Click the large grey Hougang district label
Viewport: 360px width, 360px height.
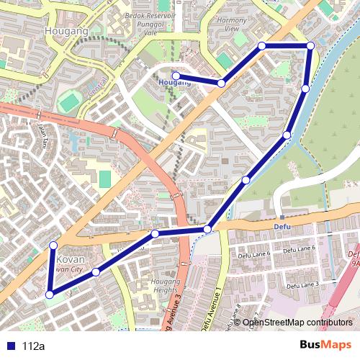pyautogui.click(x=66, y=32)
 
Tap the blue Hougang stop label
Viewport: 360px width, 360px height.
pyautogui.click(x=175, y=84)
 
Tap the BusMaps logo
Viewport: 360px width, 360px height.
pyautogui.click(x=326, y=345)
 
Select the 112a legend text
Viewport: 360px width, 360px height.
pyautogui.click(x=33, y=346)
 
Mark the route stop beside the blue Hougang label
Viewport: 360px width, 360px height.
pyautogui.click(x=176, y=75)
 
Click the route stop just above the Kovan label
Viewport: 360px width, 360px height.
pyautogui.click(x=53, y=246)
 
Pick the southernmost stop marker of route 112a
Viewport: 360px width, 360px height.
pyautogui.click(x=49, y=294)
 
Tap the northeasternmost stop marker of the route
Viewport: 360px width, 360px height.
pyautogui.click(x=310, y=46)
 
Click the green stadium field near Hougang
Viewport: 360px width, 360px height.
pyautogui.click(x=69, y=102)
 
